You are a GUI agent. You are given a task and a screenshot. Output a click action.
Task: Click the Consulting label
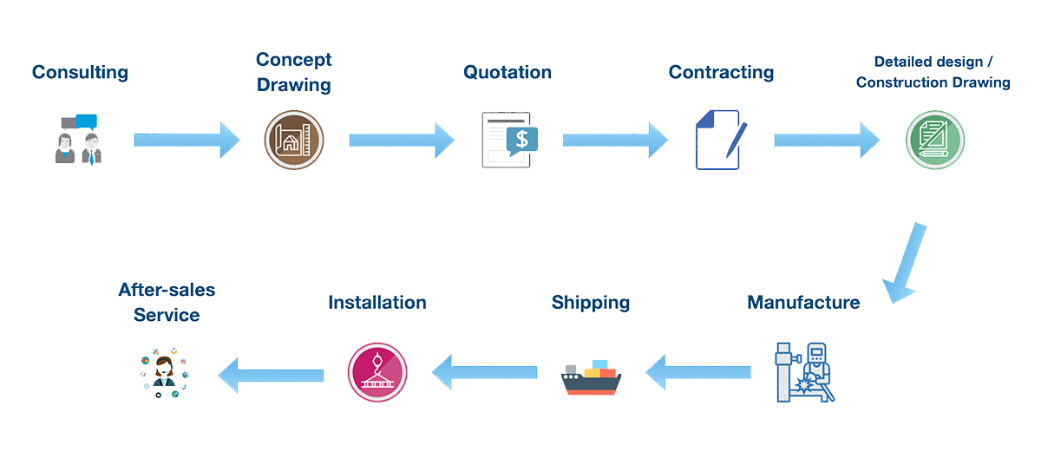click(x=80, y=72)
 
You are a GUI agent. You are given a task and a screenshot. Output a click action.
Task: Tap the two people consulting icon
click(x=76, y=139)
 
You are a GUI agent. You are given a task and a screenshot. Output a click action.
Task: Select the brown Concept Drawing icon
click(x=293, y=140)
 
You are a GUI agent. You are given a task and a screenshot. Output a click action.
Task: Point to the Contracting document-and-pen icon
click(x=719, y=140)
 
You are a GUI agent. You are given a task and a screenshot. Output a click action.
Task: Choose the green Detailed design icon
click(x=935, y=140)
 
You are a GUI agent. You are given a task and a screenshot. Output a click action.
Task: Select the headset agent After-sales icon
click(x=164, y=373)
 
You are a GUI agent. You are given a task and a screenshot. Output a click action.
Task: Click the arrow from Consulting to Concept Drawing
click(x=187, y=140)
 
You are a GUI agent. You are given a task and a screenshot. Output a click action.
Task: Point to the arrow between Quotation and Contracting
click(x=615, y=140)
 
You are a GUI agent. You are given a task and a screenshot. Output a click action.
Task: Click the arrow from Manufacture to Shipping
click(x=699, y=373)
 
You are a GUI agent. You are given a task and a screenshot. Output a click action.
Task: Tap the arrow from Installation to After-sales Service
click(x=271, y=374)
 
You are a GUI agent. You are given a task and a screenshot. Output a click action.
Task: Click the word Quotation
click(x=507, y=72)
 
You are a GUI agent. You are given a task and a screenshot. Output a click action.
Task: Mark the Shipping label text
click(x=591, y=303)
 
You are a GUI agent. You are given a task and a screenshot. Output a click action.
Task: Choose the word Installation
click(x=377, y=303)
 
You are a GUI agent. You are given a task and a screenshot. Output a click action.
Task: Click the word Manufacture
click(x=803, y=303)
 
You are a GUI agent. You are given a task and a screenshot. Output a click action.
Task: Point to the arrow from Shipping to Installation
click(x=485, y=373)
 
